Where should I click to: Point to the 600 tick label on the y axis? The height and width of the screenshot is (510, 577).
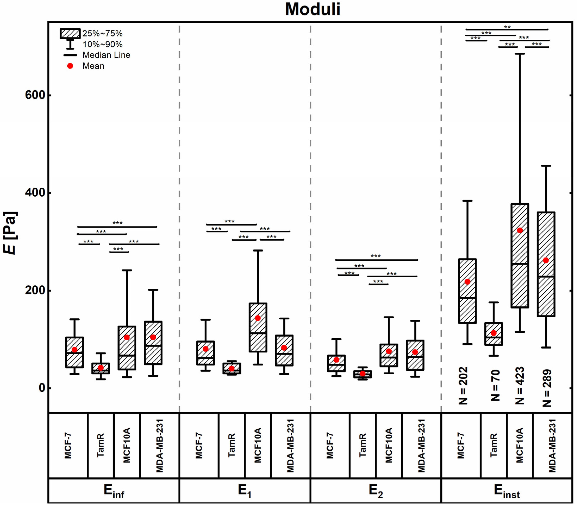[35, 95]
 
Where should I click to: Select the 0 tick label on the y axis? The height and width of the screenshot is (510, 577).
[42, 388]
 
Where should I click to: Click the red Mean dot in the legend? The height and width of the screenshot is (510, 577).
[70, 66]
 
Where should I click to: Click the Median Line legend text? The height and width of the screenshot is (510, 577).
[106, 55]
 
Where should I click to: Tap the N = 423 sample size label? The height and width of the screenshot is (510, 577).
[520, 386]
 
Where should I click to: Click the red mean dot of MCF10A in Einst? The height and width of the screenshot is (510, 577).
[520, 230]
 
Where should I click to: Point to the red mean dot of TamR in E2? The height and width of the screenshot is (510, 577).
[362, 374]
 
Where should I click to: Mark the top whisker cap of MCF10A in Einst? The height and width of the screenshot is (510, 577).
[520, 53]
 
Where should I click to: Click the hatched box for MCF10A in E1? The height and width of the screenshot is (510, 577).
[258, 327]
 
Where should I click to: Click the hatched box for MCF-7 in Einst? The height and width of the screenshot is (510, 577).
[468, 291]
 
